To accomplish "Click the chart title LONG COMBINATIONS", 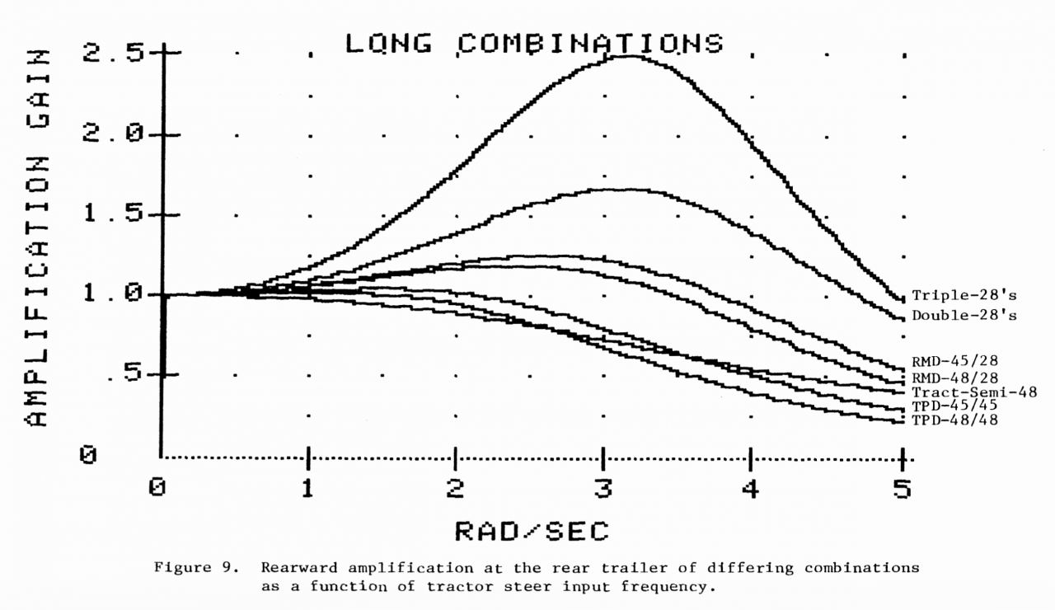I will click(x=534, y=44).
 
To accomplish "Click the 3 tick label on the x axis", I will click(x=604, y=488).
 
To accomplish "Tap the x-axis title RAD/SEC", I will click(x=532, y=532).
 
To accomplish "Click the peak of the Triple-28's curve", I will click(x=631, y=56).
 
